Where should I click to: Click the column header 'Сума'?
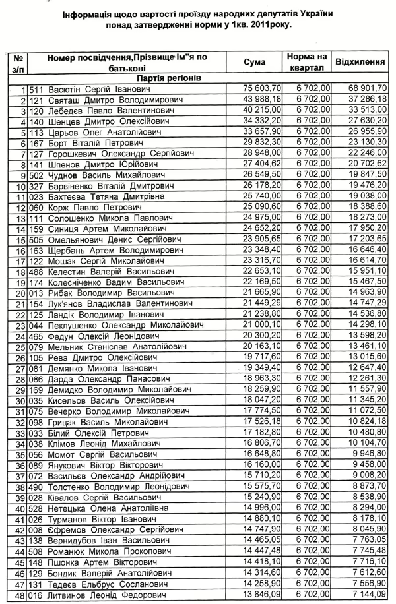pyautogui.click(x=254, y=63)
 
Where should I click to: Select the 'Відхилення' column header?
pyautogui.click(x=360, y=62)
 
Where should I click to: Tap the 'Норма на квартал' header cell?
pyautogui.click(x=307, y=62)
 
